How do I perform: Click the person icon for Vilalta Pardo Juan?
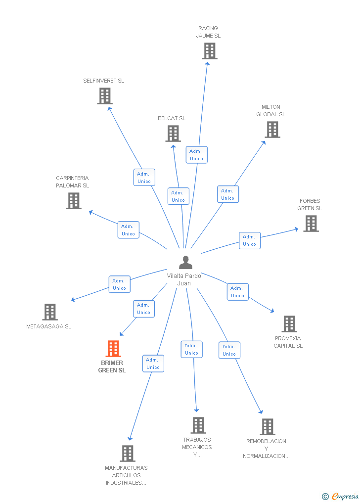click(185, 263)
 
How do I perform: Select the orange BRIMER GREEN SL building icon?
click(113, 349)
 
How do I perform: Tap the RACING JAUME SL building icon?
click(210, 50)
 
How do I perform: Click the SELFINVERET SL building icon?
click(104, 96)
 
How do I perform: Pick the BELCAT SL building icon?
click(173, 134)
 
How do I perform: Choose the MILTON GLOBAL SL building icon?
click(272, 130)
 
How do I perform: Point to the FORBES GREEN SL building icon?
click(311, 224)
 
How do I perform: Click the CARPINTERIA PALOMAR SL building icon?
click(74, 201)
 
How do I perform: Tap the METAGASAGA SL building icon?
click(50, 312)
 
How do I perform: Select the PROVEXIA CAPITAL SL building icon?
click(289, 324)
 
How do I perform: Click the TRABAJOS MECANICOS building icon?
click(198, 425)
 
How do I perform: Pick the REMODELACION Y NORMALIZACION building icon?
click(267, 427)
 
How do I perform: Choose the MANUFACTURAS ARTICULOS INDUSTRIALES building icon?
click(128, 453)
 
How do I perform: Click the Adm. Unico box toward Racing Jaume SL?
click(196, 155)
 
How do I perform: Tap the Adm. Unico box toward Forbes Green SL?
click(249, 240)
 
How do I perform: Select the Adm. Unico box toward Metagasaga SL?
click(119, 284)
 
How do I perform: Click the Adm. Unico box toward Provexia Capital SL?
click(237, 292)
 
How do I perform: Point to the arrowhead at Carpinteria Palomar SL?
click(90, 212)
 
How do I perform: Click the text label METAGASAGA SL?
click(49, 326)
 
